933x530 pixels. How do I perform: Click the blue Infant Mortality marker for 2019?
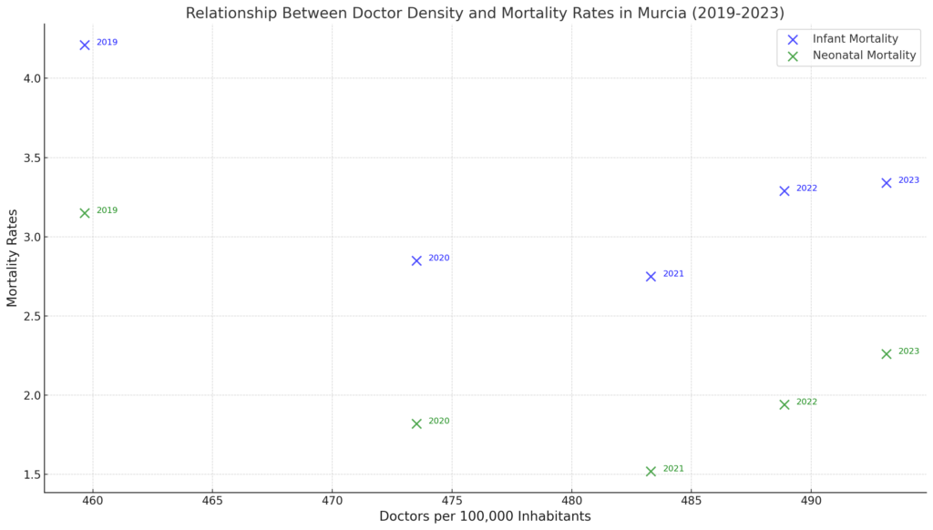85,45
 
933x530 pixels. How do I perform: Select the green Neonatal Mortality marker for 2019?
85,213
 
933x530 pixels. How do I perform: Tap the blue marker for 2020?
416,260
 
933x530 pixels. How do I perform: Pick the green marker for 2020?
416,423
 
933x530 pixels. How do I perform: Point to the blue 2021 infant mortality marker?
651,276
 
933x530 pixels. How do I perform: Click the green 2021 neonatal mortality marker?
651,471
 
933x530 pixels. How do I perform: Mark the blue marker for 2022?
784,190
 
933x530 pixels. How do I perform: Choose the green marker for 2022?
784,404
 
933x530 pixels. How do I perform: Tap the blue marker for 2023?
887,182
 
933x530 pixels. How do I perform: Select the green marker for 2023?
887,353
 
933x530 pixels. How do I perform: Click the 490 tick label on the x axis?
811,502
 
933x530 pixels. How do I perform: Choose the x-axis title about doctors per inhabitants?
485,517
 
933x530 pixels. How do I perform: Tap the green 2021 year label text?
673,469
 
